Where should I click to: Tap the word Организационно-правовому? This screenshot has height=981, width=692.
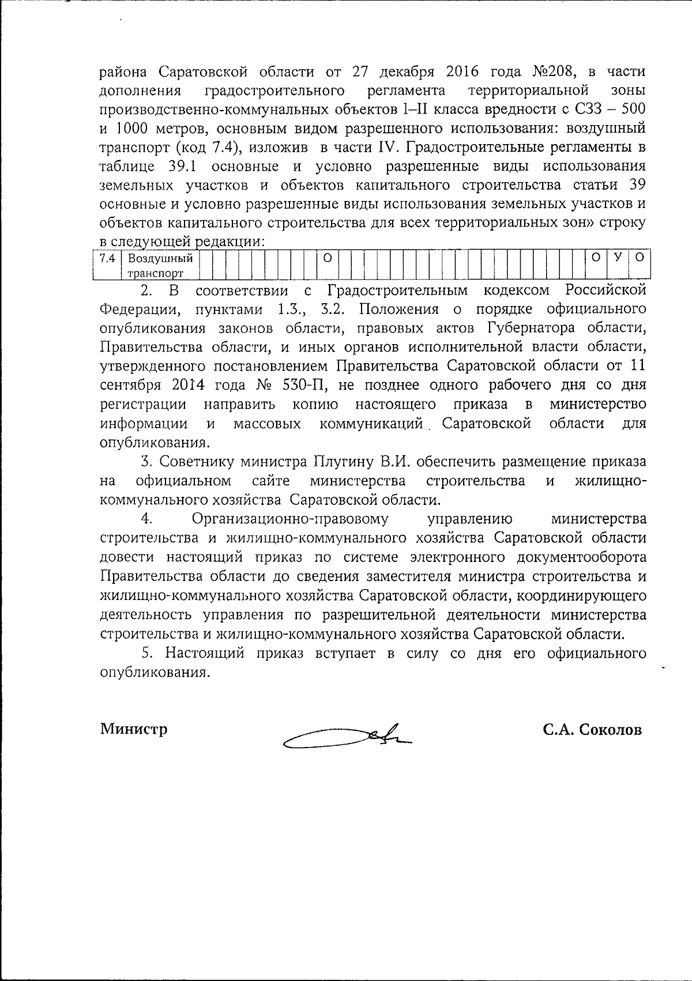pos(290,519)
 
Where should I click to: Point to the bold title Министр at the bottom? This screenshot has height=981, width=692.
pos(134,729)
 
